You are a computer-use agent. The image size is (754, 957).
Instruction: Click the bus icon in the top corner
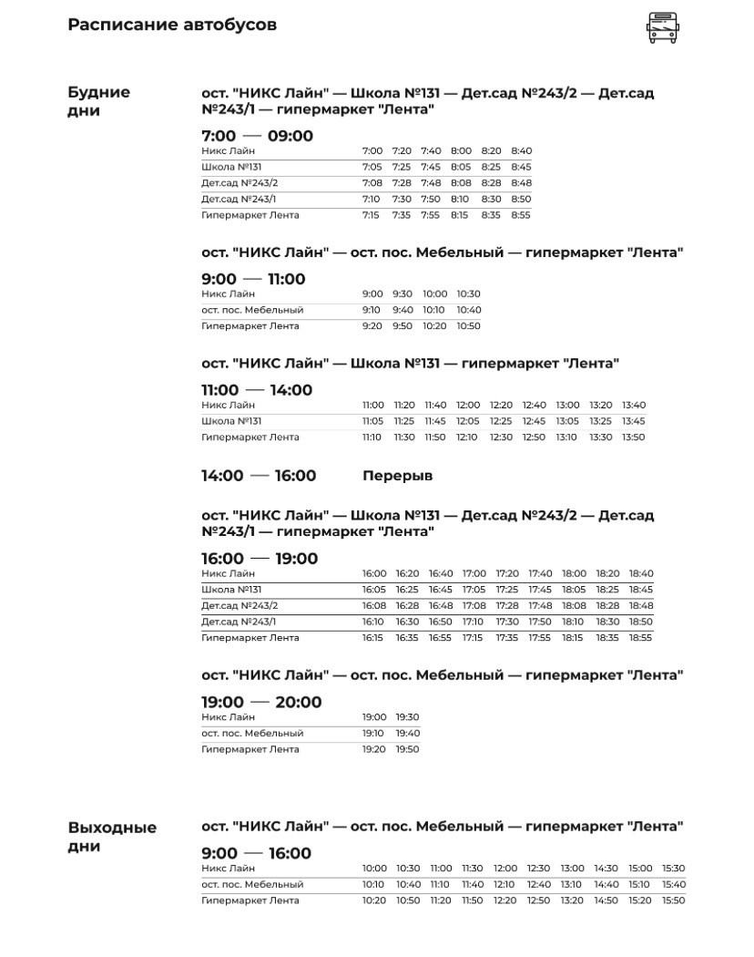(x=662, y=27)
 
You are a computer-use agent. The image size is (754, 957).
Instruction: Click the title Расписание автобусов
(x=172, y=25)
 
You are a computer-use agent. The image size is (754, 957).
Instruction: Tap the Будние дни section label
(x=98, y=101)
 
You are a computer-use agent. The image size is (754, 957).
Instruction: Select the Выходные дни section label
(x=112, y=837)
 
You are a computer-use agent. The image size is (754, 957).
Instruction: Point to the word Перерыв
(x=397, y=476)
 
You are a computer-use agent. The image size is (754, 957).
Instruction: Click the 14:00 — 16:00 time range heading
(x=259, y=476)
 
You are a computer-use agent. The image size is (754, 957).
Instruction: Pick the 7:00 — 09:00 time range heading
(x=257, y=136)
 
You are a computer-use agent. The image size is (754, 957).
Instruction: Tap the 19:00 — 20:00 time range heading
(x=261, y=702)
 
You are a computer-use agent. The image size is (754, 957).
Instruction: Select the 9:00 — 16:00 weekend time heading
(x=256, y=853)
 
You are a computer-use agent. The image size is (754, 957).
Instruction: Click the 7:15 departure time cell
(x=371, y=215)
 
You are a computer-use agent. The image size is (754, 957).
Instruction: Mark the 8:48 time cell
(x=521, y=183)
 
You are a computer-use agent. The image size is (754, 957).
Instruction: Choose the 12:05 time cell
(x=467, y=421)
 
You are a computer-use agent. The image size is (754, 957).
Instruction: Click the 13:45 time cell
(x=633, y=421)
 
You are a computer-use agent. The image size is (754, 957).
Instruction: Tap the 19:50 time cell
(x=407, y=749)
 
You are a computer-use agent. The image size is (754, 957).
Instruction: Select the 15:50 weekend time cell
(x=673, y=900)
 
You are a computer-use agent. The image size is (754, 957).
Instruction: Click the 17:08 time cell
(x=474, y=605)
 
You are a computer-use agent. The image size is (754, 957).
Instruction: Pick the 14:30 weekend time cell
(x=606, y=869)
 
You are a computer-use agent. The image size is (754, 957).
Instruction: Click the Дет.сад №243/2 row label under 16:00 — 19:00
(x=239, y=605)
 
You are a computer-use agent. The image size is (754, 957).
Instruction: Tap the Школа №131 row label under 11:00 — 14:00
(x=231, y=421)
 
